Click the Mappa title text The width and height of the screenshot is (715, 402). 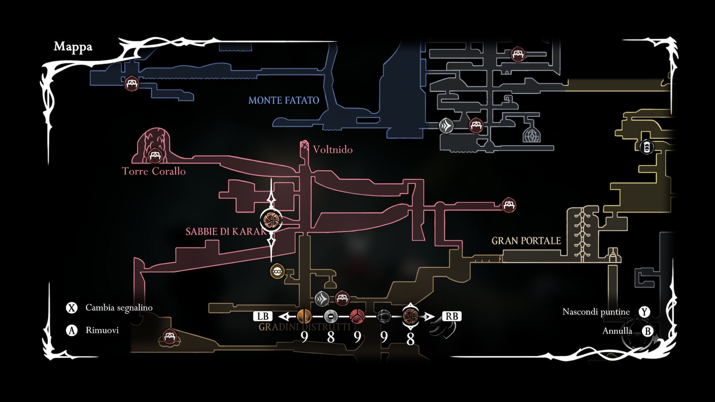[x=73, y=47]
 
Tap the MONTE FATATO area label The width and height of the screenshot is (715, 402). [x=284, y=100]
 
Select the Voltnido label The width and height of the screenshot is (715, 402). [x=333, y=150]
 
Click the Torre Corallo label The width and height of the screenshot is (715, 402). [x=153, y=171]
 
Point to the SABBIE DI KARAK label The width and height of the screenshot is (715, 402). [x=226, y=232]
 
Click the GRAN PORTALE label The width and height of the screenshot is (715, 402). [x=526, y=241]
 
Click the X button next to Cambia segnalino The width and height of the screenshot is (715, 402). [x=71, y=308]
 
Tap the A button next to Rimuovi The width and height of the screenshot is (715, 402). [x=71, y=330]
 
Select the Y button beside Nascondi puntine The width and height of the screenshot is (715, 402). [x=644, y=312]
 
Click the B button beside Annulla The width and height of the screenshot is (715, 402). [x=648, y=331]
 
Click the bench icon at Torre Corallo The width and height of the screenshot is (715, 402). [x=154, y=156]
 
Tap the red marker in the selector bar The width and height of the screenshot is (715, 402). [x=357, y=317]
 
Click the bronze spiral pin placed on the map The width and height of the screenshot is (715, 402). [x=271, y=220]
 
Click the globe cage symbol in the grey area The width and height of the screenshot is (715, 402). [x=531, y=135]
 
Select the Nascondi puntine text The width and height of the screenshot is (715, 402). [x=596, y=312]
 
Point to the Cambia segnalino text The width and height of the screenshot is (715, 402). [x=119, y=308]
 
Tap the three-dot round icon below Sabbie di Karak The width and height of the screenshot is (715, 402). [x=277, y=272]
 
